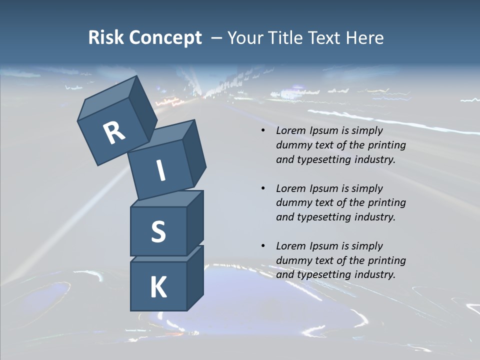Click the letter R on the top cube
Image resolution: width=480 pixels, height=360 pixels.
[114, 133]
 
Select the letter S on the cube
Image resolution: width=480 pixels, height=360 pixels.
[158, 231]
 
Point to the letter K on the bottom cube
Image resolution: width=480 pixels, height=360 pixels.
[158, 287]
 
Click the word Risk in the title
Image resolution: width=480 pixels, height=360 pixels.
[106, 38]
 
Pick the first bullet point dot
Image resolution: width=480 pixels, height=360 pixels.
[262, 131]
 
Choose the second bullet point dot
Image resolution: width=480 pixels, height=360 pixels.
[262, 188]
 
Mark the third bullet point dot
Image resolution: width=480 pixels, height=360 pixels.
[262, 246]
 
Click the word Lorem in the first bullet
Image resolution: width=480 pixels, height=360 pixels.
[290, 131]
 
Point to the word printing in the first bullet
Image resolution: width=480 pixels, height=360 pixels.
[386, 145]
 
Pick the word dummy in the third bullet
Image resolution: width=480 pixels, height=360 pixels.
[295, 260]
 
